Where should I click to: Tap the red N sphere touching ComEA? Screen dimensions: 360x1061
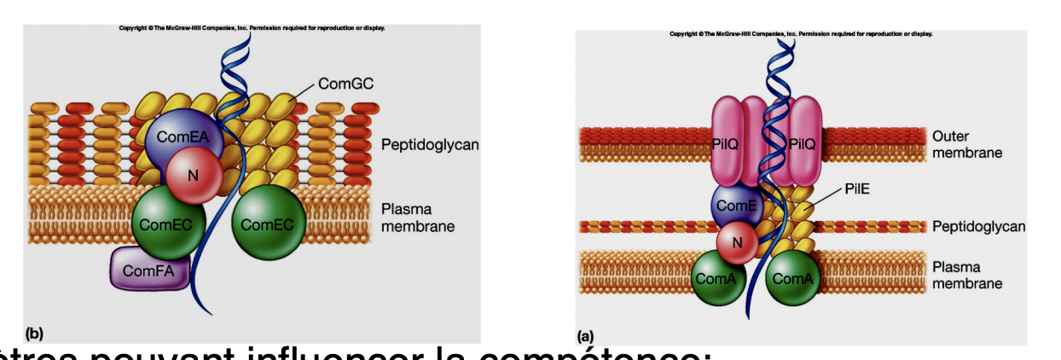pos(194,175)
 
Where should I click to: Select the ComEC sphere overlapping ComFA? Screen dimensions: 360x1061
pos(168,224)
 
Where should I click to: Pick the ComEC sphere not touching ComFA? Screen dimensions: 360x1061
pos(268,224)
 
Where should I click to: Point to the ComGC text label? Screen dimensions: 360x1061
pos(346,84)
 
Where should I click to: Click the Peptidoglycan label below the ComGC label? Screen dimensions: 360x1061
pos(430,145)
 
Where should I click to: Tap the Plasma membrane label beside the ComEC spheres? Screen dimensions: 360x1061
pos(418,218)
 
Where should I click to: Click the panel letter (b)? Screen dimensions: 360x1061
pos(34,332)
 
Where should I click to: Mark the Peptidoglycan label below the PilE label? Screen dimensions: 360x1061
pos(978,227)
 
